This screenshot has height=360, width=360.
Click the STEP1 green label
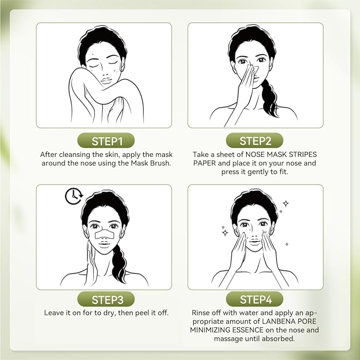pyautogui.click(x=106, y=141)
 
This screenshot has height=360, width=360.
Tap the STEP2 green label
pyautogui.click(x=254, y=141)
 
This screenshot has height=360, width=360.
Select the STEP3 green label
pyautogui.click(x=106, y=300)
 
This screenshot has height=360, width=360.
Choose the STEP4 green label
pyautogui.click(x=254, y=300)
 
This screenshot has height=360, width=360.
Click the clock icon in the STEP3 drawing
pyautogui.click(x=74, y=196)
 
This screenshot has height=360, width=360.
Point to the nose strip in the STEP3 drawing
pyautogui.click(x=104, y=234)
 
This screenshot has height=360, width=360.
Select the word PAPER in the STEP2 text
pyautogui.click(x=204, y=163)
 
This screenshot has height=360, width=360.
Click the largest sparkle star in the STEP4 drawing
pyautogui.click(x=225, y=233)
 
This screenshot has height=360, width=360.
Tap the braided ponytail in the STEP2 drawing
pyautogui.click(x=270, y=99)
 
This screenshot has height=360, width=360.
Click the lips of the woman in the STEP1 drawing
pyautogui.click(x=106, y=81)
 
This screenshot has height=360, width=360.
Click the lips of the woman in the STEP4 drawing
pyautogui.click(x=254, y=242)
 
